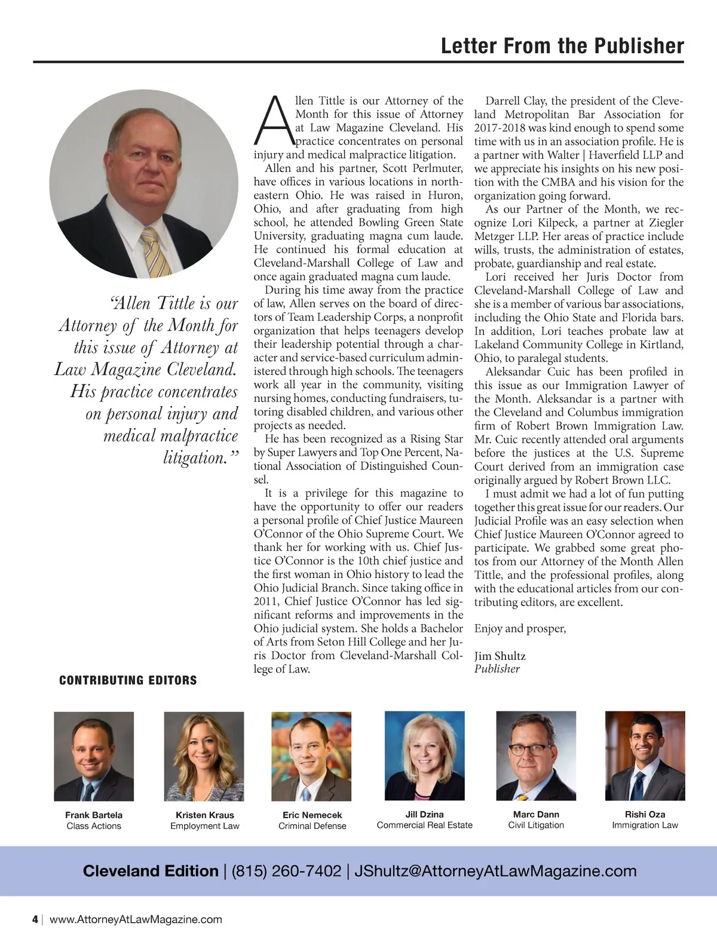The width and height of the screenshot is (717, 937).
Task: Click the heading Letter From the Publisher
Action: pyautogui.click(x=562, y=46)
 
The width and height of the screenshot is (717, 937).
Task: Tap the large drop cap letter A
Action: pyautogui.click(x=273, y=121)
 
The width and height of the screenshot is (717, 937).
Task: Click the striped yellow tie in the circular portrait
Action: pyautogui.click(x=155, y=253)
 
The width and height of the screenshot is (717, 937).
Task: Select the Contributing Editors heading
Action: pyautogui.click(x=128, y=680)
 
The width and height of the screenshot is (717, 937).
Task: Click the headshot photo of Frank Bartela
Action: pyautogui.click(x=94, y=756)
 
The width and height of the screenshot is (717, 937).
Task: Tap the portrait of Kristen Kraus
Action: pyautogui.click(x=204, y=756)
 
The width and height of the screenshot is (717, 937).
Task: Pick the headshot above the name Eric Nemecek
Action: pyautogui.click(x=311, y=756)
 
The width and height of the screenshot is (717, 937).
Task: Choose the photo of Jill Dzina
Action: pyautogui.click(x=424, y=755)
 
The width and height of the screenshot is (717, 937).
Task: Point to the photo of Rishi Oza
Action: pyautogui.click(x=645, y=755)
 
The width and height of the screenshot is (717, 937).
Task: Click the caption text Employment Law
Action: pyautogui.click(x=204, y=826)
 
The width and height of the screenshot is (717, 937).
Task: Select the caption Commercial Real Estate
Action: pyautogui.click(x=424, y=825)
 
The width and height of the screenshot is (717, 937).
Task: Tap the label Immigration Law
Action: pyautogui.click(x=645, y=825)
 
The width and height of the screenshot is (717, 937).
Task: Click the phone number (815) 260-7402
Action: pyautogui.click(x=286, y=871)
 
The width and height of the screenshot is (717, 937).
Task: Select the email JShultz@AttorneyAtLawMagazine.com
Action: pyautogui.click(x=495, y=871)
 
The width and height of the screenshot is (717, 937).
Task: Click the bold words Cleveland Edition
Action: pyautogui.click(x=151, y=871)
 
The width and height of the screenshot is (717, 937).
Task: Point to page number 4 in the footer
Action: pyautogui.click(x=35, y=920)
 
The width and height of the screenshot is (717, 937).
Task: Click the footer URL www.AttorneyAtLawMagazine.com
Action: pyautogui.click(x=136, y=920)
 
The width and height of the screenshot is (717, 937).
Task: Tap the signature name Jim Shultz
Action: pyautogui.click(x=500, y=656)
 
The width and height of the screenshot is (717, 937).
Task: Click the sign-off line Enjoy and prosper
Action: pyautogui.click(x=520, y=629)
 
